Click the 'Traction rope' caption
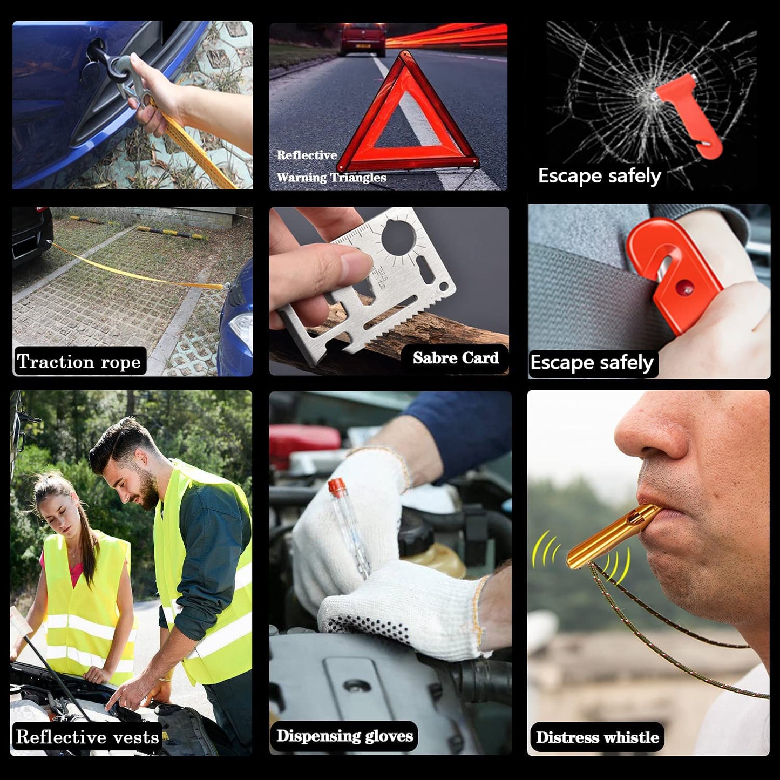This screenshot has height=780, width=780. tap(79, 361)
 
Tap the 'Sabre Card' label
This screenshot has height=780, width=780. tap(456, 358)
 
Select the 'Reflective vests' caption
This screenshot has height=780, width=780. tap(87, 737)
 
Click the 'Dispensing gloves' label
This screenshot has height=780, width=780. tap(344, 736)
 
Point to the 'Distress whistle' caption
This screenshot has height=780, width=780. tap(597, 737)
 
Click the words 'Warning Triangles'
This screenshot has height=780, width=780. tap(331, 178)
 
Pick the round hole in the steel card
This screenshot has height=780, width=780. tap(398, 236)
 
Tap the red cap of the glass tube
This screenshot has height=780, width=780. tap(336, 487)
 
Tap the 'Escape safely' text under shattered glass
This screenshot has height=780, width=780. tap(599, 176)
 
